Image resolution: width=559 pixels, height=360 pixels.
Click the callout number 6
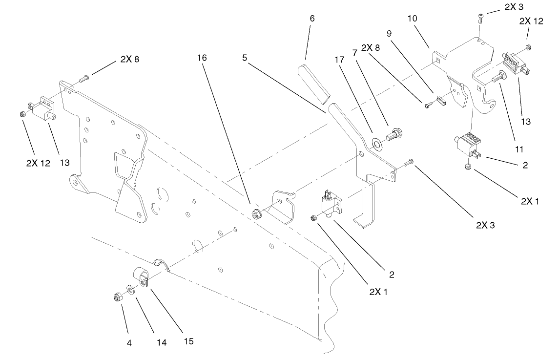point(312,19)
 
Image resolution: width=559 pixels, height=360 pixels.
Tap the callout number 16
point(202,58)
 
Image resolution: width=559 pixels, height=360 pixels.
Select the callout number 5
point(245,58)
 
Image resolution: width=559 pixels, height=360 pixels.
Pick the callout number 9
point(389,35)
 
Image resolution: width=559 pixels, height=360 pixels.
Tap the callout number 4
point(129,343)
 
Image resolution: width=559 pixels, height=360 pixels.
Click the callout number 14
point(162,343)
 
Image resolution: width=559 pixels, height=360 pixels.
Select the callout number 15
point(188,341)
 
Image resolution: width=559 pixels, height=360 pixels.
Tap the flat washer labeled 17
point(377,143)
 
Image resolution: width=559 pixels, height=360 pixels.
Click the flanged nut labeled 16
point(255,213)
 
